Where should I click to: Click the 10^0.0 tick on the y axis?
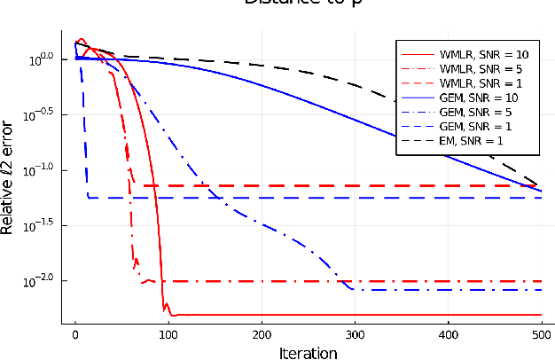[42, 59]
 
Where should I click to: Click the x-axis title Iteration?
[308, 352]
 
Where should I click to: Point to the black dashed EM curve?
[355, 83]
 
